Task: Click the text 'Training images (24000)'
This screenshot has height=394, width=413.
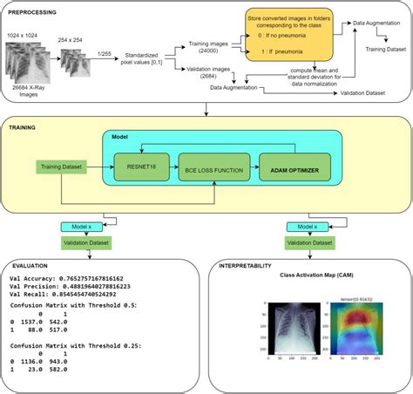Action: (212, 46)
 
